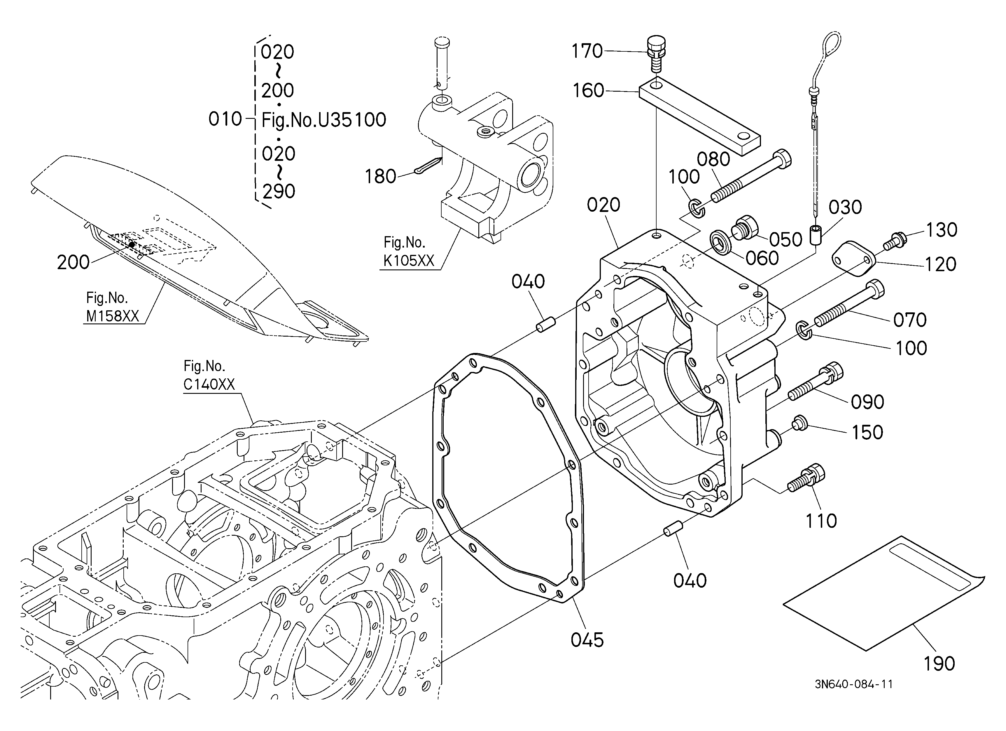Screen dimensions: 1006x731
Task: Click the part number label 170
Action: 587,51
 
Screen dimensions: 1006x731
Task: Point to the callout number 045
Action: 587,640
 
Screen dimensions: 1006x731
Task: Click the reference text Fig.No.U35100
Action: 324,120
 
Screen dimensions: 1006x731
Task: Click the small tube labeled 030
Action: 816,235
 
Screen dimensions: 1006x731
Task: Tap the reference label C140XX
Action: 209,384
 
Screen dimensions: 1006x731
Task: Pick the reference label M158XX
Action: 113,316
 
